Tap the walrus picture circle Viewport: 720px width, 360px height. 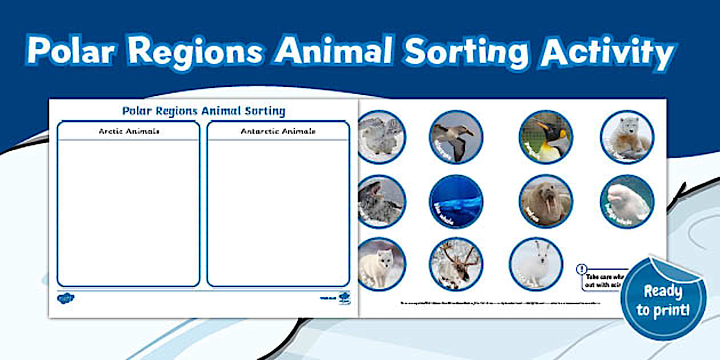click(546, 201)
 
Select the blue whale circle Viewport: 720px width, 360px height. click(456, 201)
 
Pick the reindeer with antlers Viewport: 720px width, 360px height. click(456, 264)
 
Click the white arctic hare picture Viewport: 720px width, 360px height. click(536, 264)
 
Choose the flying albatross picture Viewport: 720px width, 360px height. click(456, 137)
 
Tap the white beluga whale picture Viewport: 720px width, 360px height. click(627, 201)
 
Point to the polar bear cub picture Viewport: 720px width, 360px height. click(627, 137)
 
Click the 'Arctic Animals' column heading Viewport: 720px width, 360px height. click(129, 131)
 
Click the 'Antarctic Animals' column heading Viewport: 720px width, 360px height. click(278, 131)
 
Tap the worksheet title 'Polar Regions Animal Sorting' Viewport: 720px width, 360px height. click(203, 110)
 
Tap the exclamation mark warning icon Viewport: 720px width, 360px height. click(582, 269)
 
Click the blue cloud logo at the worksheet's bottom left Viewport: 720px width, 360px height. click(65, 297)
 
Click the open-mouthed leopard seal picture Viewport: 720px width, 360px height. click(381, 201)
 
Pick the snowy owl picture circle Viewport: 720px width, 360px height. click(381, 137)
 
